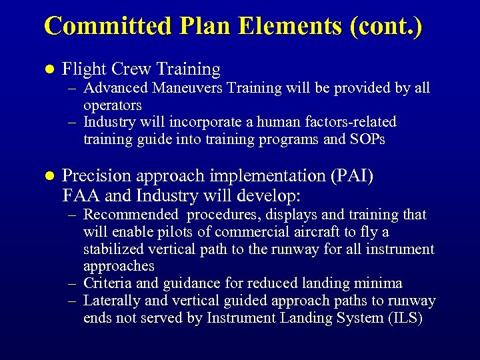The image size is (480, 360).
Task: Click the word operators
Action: (112, 105)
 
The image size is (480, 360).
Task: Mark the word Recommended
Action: (131, 215)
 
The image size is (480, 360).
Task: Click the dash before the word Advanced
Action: (75, 88)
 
